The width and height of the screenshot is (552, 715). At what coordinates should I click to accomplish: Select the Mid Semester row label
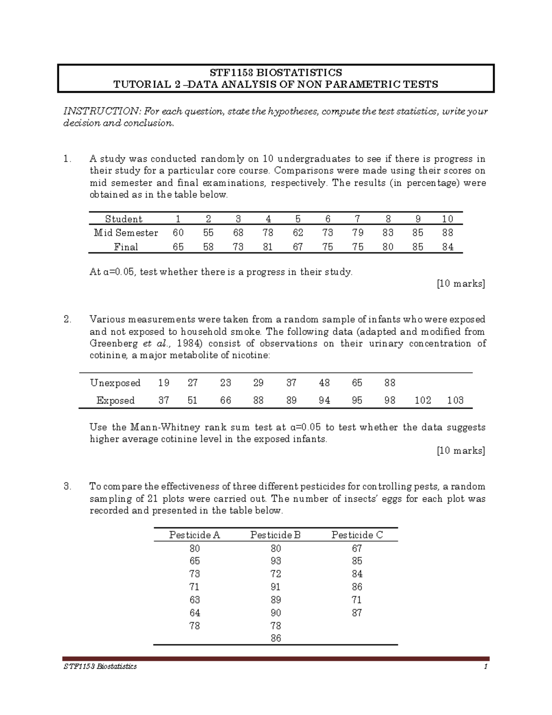[x=126, y=233]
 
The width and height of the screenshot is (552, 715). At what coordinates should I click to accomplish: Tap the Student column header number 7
[x=357, y=219]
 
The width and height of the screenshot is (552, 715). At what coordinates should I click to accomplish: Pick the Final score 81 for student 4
[x=268, y=247]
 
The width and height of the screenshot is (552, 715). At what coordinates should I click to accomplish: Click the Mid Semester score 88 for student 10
[x=447, y=233]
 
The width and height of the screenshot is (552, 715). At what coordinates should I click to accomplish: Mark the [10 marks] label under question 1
[x=461, y=284]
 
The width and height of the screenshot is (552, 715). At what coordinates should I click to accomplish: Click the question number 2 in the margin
[x=67, y=320]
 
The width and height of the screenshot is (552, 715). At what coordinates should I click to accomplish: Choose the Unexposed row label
[x=115, y=383]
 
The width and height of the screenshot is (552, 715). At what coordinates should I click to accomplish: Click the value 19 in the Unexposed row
[x=163, y=383]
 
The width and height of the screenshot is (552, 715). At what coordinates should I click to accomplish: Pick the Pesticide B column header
[x=275, y=535]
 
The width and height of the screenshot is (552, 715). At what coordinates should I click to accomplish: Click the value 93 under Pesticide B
[x=276, y=561]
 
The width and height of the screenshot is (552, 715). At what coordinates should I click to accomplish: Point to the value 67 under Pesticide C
[x=357, y=548]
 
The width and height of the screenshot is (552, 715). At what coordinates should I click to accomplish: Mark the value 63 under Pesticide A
[x=195, y=600]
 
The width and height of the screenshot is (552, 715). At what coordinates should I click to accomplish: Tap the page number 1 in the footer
[x=485, y=667]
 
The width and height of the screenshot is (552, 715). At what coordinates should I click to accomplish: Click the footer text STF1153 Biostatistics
[x=100, y=667]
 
